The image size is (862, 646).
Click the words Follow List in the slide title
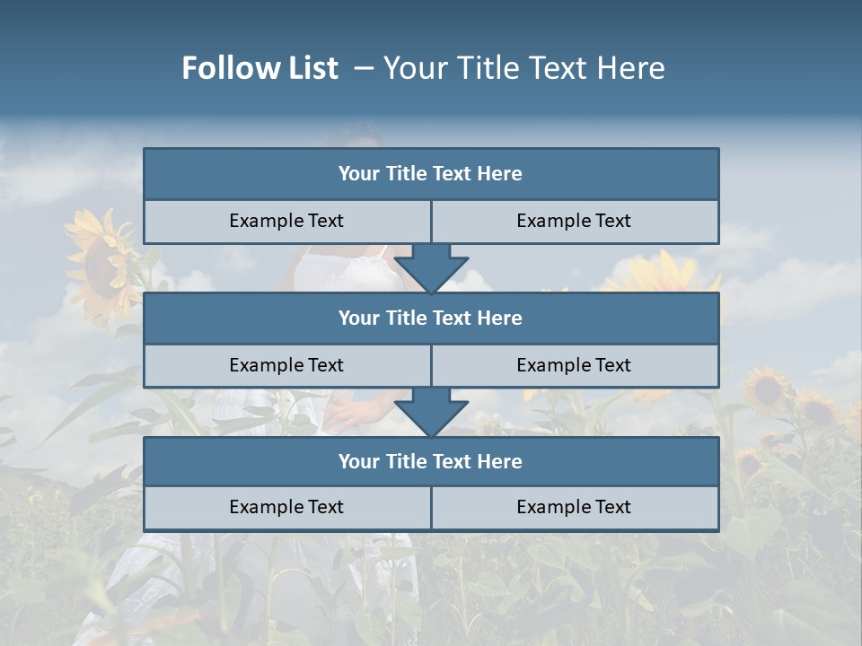coord(259,68)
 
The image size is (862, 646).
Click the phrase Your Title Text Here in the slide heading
coord(523,68)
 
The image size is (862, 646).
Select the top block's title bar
coord(431,174)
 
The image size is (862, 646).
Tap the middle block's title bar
coord(431,318)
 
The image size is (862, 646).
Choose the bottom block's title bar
coord(431,461)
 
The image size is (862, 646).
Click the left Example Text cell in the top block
coord(286,221)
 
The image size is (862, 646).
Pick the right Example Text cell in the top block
coord(574,221)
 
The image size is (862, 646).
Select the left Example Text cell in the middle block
coord(286,365)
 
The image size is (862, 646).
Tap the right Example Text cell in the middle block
coord(574,365)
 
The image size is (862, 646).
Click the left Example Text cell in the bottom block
coord(286,507)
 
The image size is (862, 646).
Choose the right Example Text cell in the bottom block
coord(574,507)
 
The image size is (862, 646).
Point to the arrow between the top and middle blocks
coord(431,268)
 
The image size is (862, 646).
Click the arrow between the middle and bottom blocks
coord(431,412)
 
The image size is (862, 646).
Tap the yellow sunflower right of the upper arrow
coord(660,274)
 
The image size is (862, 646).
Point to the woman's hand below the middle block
coord(346,411)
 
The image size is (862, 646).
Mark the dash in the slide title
coord(364,68)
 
